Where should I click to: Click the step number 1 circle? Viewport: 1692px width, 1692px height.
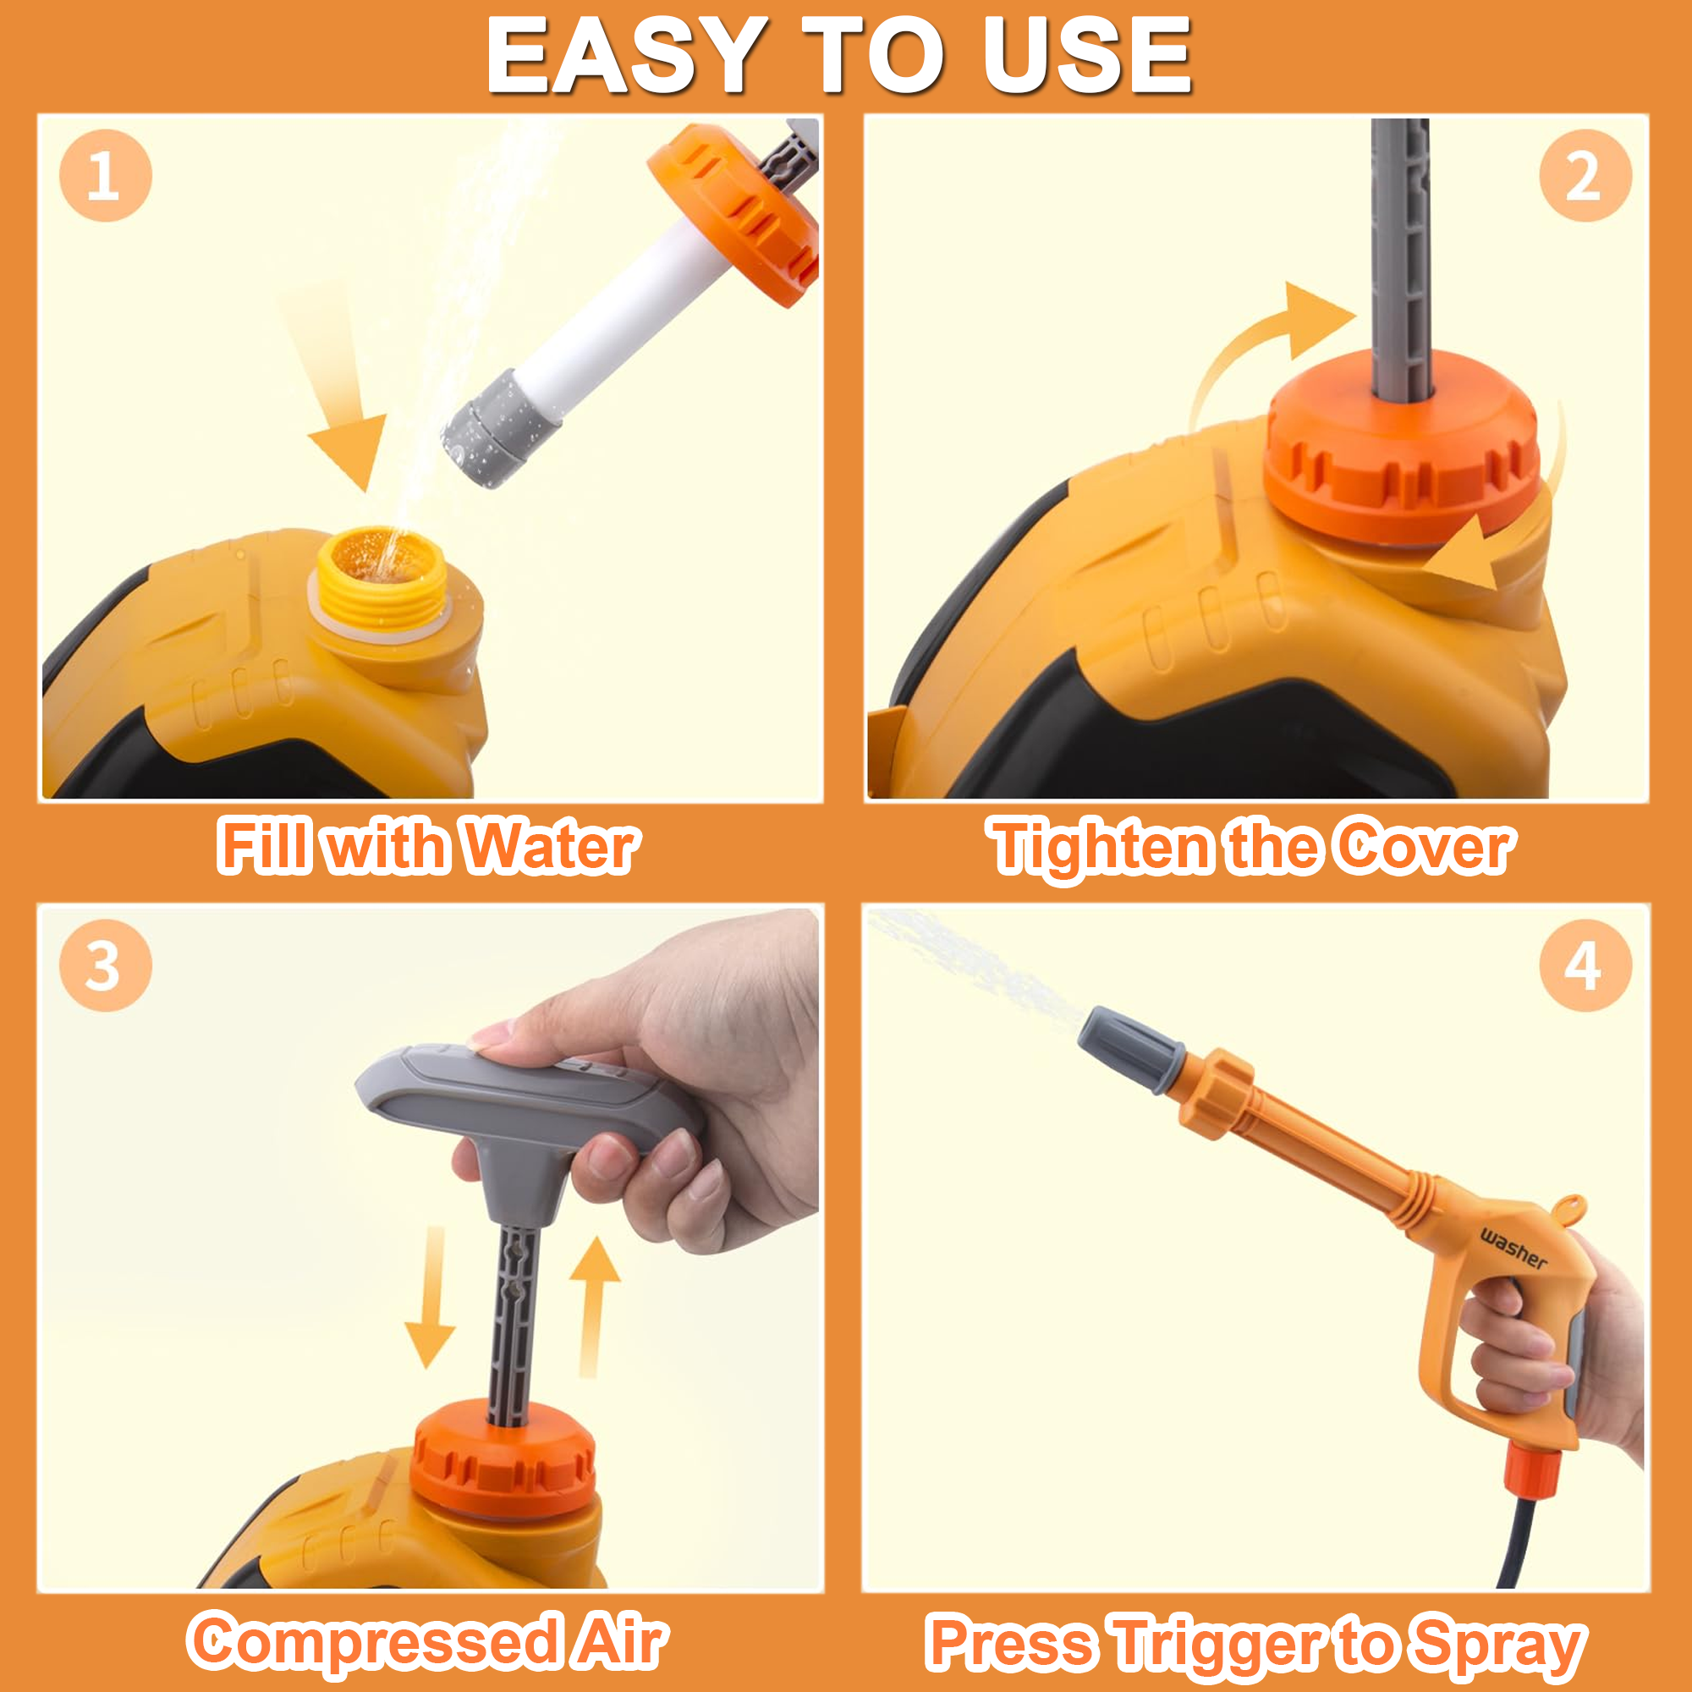(x=105, y=175)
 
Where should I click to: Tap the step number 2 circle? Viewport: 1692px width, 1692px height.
(x=1585, y=175)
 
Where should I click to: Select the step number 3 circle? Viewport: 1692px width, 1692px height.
(x=105, y=966)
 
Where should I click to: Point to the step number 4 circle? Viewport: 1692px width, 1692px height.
(x=1585, y=966)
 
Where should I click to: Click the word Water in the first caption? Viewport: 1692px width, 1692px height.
(x=550, y=847)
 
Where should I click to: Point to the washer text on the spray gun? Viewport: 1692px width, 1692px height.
(x=1513, y=1249)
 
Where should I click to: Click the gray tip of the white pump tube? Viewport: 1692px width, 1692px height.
(x=501, y=427)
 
